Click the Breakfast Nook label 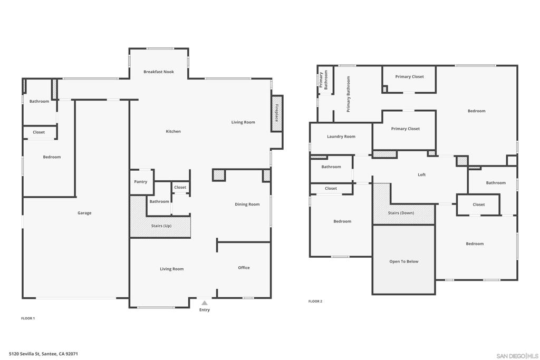(158, 72)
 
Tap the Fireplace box (277, 113)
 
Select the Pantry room (141, 182)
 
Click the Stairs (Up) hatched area (161, 226)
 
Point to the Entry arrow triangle (205, 303)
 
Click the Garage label (84, 213)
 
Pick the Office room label (244, 268)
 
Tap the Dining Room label (247, 204)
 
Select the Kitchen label (173, 131)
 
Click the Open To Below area (404, 261)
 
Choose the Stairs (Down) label (401, 213)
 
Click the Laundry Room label (341, 137)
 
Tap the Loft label (422, 174)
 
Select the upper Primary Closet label (410, 77)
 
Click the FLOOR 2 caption (315, 301)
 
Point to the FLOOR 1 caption (28, 318)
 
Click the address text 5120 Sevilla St (43, 354)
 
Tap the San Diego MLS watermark (517, 356)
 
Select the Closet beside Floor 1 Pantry (180, 187)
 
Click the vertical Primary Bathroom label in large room (349, 94)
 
